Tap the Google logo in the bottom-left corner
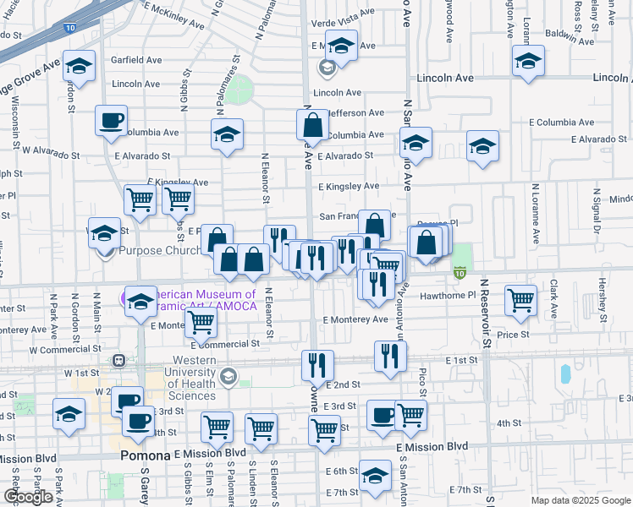tap(28, 497)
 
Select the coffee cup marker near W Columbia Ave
tap(111, 121)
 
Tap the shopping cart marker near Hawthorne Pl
tap(520, 300)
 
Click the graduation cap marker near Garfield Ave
tap(80, 68)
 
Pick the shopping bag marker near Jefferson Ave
tap(312, 125)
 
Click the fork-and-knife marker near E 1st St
tap(390, 356)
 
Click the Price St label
tap(513, 335)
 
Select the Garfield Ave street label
tap(136, 61)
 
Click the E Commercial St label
tap(225, 344)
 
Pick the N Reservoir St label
tap(485, 313)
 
